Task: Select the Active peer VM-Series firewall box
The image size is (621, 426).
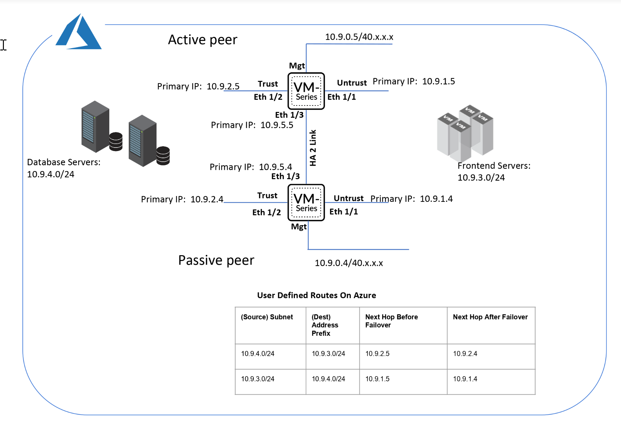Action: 306,91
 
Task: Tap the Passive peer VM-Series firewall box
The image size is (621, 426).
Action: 306,203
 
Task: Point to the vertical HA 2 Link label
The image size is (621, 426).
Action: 312,148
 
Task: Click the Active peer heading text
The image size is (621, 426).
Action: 202,40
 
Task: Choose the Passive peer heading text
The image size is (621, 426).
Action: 216,260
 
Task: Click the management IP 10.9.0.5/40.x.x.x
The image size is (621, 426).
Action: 359,37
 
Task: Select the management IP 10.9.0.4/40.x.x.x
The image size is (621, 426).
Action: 349,263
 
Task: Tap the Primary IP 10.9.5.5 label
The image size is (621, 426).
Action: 252,125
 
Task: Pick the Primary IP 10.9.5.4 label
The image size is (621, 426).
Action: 251,167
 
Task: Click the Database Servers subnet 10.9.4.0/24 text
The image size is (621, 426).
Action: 50,174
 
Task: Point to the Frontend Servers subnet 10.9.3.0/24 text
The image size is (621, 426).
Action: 481,178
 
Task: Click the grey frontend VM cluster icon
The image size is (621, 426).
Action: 465,133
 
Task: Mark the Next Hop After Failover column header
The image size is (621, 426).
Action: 490,317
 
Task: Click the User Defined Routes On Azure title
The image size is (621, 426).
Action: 316,295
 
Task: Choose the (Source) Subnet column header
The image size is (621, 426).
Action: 267,317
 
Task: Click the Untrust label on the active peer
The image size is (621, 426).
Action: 352,83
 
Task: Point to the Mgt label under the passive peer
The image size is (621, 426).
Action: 299,227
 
